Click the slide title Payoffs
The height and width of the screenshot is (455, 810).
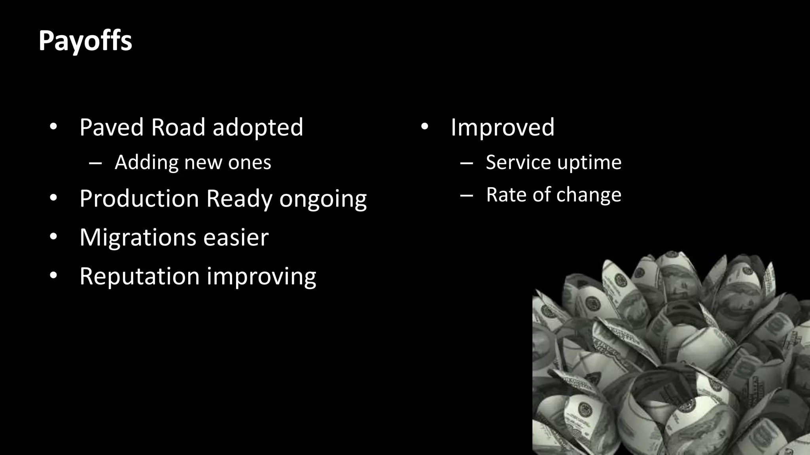click(x=85, y=41)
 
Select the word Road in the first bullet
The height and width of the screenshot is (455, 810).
click(x=178, y=128)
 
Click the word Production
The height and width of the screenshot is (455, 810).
click(x=139, y=198)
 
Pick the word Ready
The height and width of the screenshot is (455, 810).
click(x=239, y=199)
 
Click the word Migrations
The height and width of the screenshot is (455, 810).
click(x=138, y=238)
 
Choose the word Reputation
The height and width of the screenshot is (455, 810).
click(x=139, y=276)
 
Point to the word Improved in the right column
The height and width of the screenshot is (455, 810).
click(x=502, y=128)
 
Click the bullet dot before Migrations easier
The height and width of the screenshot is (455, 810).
click(x=53, y=237)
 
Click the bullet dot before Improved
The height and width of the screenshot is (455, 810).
click(x=424, y=127)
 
